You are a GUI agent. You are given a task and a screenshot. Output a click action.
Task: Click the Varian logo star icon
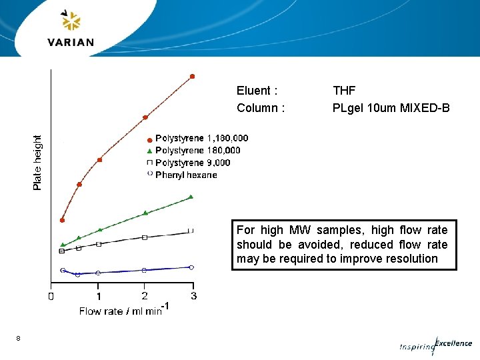[x=71, y=21]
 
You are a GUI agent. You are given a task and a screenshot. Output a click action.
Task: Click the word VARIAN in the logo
[x=71, y=43]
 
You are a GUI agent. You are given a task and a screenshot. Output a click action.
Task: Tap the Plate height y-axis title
[x=37, y=162]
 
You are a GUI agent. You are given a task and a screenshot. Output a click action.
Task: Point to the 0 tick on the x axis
[x=51, y=296]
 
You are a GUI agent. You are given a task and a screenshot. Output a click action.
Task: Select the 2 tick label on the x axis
[x=145, y=296]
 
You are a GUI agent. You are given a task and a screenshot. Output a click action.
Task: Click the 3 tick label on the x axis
[x=193, y=296]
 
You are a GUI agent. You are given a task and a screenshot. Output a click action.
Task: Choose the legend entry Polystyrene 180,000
[x=197, y=150]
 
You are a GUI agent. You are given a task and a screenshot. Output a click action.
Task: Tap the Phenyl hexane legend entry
[x=186, y=175]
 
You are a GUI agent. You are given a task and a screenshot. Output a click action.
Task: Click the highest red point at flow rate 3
[x=193, y=76]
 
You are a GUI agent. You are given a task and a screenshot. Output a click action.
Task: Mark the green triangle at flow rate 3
[x=191, y=197]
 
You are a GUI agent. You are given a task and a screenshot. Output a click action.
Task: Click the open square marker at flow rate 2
[x=145, y=237]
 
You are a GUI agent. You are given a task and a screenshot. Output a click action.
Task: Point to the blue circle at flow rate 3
[x=191, y=267]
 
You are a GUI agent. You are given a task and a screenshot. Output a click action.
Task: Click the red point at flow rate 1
[x=99, y=160]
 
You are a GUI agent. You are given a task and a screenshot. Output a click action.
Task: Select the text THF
[x=344, y=91]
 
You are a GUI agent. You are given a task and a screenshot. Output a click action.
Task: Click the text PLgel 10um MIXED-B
[x=391, y=108]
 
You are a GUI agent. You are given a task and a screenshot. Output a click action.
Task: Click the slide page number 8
[x=19, y=339]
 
